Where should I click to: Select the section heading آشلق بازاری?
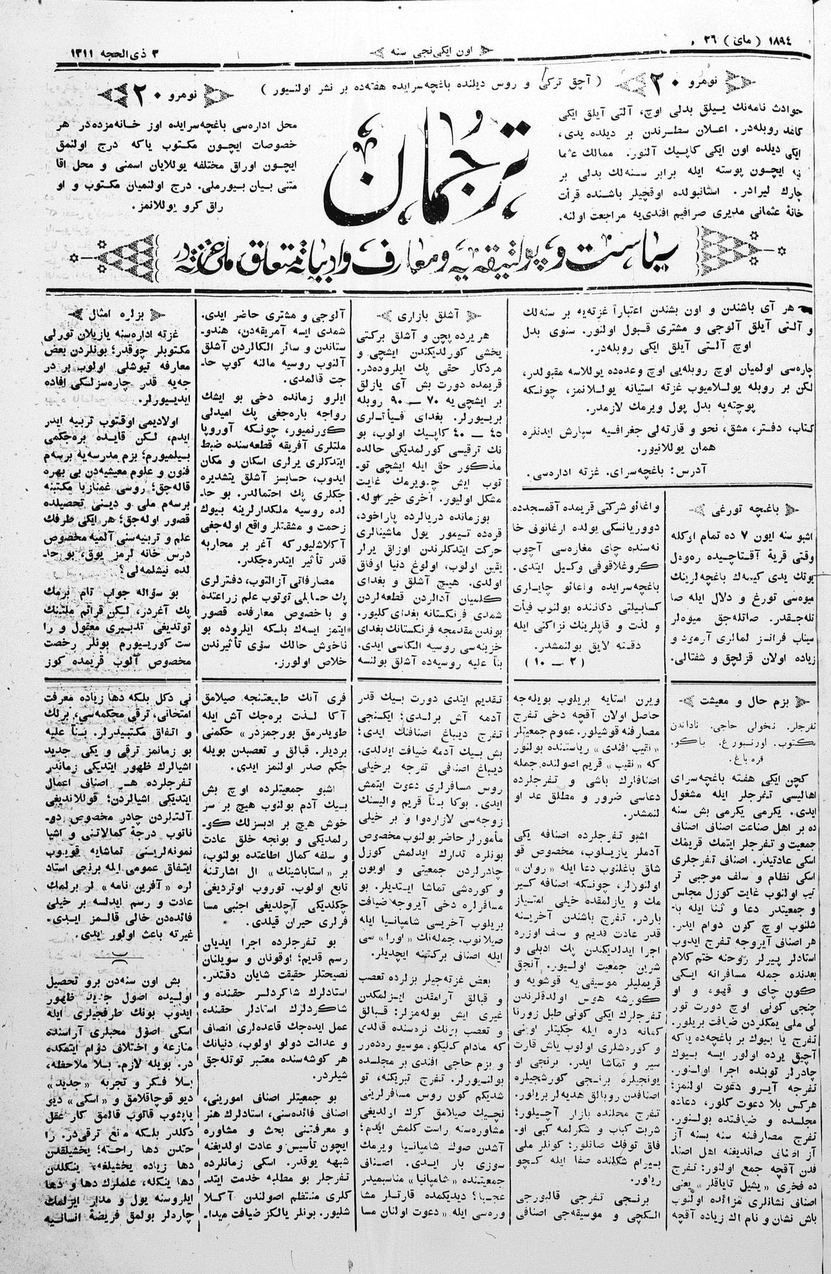(x=428, y=315)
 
